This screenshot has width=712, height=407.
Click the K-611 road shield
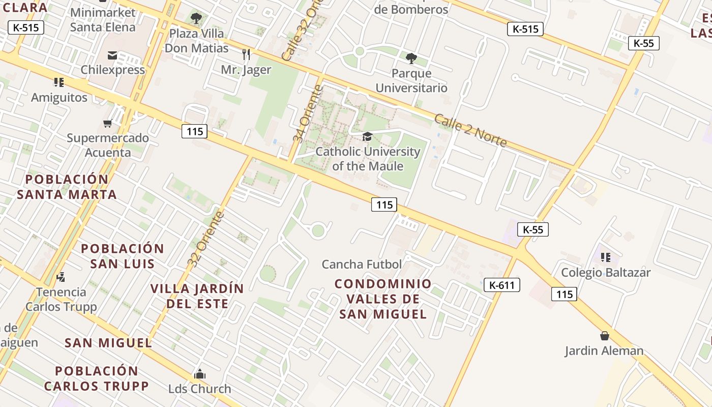tap(502, 285)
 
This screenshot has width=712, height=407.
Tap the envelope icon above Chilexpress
tap(112, 55)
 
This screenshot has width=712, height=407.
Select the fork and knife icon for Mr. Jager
tap(246, 54)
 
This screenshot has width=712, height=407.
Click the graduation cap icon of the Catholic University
tap(367, 136)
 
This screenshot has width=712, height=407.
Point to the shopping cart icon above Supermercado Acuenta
tap(107, 123)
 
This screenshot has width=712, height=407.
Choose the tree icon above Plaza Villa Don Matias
tap(196, 19)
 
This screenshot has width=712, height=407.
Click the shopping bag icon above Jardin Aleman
tap(604, 336)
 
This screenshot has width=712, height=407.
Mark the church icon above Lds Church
tap(199, 374)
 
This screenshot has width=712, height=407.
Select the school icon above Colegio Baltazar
tap(605, 257)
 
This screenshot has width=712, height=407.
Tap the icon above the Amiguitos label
tap(59, 82)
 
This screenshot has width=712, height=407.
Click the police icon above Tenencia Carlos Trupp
tap(61, 277)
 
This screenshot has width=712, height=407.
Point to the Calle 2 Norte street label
tap(470, 131)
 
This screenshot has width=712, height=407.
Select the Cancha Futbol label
tap(362, 265)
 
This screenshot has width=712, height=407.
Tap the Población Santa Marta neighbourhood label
tap(67, 187)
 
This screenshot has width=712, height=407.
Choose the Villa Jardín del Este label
tap(197, 296)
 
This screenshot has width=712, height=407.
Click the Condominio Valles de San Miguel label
tap(383, 299)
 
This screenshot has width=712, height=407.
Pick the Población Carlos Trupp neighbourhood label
tap(96, 379)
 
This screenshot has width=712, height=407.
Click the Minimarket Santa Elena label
tap(103, 20)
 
